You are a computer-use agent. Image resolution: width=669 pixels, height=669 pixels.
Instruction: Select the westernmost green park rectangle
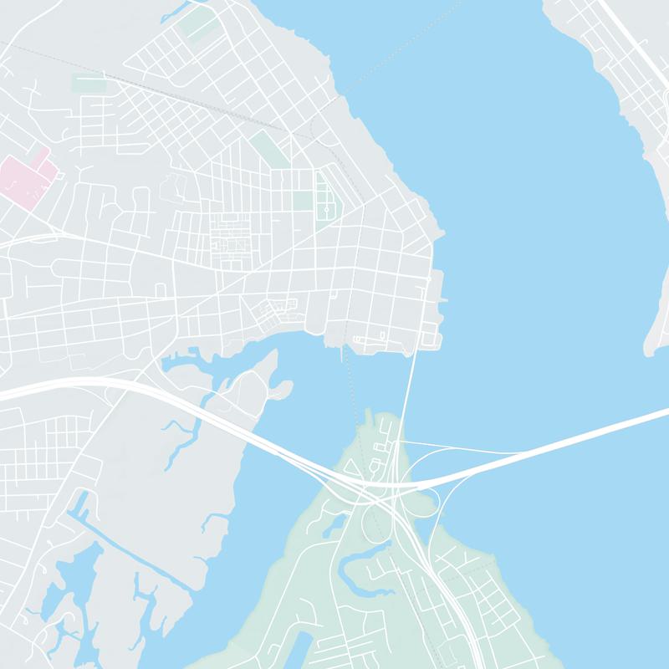[x=88, y=84]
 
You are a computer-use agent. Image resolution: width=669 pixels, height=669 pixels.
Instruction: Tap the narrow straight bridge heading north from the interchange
[x=409, y=393]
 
